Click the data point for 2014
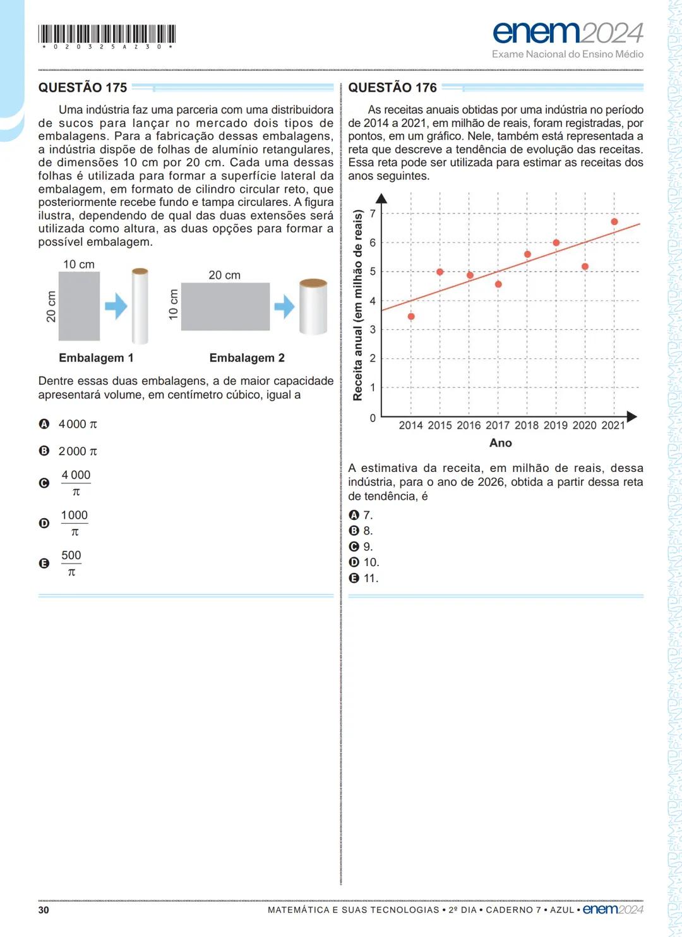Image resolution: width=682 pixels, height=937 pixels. coord(411,317)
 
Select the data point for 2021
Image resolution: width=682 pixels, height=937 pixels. coord(614,222)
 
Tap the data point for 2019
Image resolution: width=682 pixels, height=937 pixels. coord(556,243)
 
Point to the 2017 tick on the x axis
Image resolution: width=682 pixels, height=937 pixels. coord(498,425)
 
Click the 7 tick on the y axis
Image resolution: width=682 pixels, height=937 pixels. coord(373,214)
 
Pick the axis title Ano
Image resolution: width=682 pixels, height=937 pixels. coord(500,443)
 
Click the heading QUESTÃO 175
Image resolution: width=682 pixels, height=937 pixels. coord(83,88)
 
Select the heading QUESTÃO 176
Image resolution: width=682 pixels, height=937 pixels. coord(392,88)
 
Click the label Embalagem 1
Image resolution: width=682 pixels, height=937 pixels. coord(96,358)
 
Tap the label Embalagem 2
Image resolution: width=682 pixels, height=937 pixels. coord(247,358)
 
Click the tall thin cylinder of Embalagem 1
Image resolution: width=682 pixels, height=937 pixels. coord(140,306)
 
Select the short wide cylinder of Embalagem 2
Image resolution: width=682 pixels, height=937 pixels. coord(313,306)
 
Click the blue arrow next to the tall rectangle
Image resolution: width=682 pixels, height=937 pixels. coord(116,306)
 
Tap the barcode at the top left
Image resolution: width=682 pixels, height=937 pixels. coord(107,34)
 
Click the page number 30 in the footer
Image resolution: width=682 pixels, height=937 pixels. coord(44,910)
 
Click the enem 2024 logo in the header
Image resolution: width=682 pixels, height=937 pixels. coord(567,33)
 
